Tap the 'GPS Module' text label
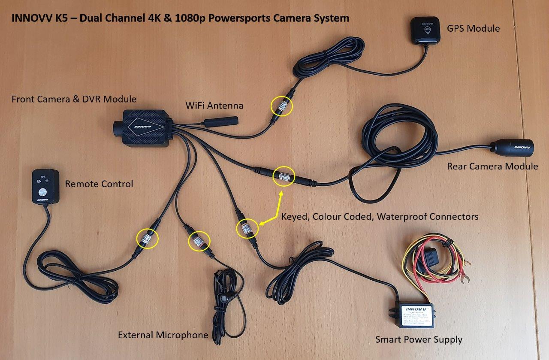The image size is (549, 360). click(473, 29)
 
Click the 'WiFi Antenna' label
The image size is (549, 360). click(214, 105)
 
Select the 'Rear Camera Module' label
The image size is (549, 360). click(492, 166)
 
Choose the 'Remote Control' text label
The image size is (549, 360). click(99, 184)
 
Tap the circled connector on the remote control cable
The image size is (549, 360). click(147, 238)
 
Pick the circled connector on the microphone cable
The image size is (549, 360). click(199, 240)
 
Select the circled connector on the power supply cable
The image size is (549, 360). click(247, 228)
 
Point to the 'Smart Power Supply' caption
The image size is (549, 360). click(419, 340)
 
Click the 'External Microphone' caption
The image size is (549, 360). click(163, 335)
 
